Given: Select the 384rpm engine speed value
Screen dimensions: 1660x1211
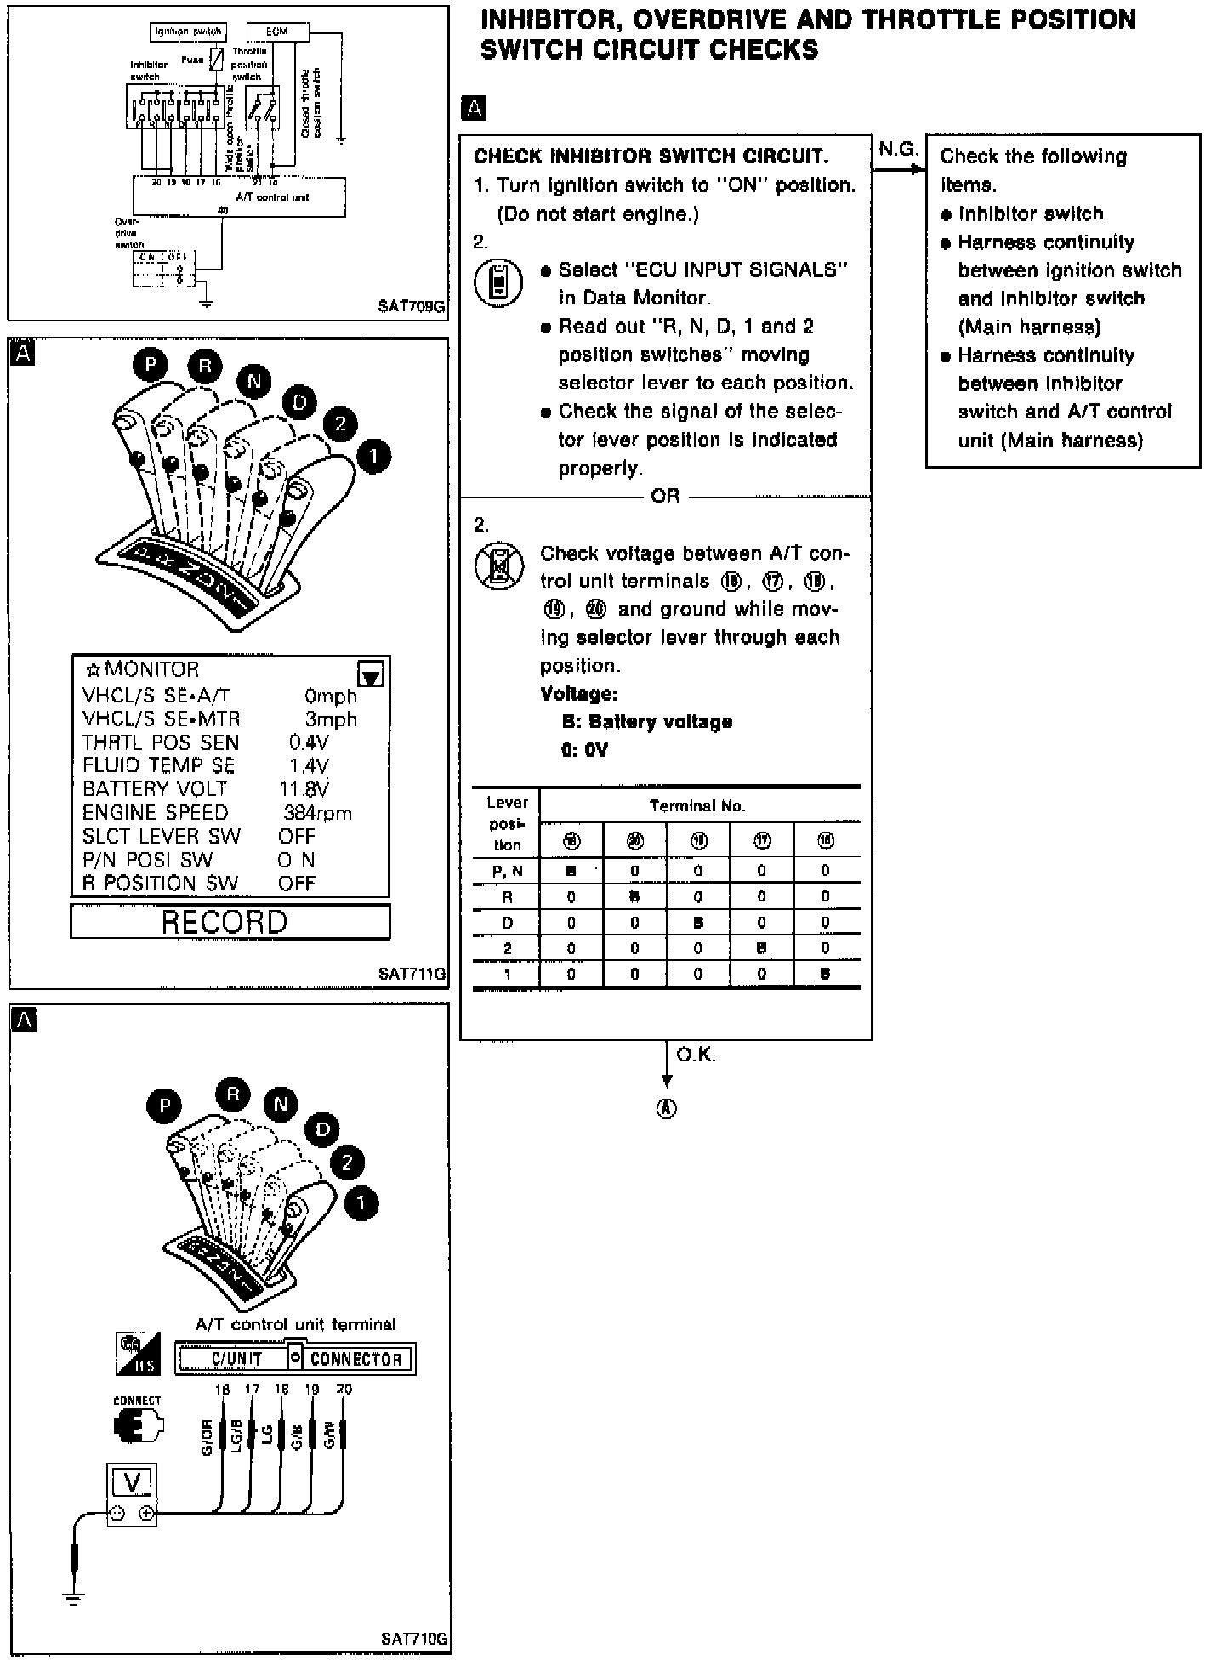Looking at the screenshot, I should tap(317, 813).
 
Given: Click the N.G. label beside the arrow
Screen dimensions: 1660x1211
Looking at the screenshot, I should tap(898, 150).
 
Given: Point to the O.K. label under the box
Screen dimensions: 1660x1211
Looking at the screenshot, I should tap(696, 1055).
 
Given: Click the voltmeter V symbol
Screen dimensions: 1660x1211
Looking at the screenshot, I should tap(132, 1482).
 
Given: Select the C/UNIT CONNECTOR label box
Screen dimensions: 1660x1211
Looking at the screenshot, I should tap(295, 1358).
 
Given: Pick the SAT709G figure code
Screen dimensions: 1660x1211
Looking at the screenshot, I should tap(412, 306).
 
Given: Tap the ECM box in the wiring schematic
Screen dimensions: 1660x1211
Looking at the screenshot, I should tap(276, 31).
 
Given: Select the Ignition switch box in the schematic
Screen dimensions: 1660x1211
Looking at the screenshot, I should tap(188, 31).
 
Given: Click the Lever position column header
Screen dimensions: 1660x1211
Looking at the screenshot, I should tap(507, 823).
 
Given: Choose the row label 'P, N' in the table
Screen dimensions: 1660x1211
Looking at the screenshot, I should tap(507, 871).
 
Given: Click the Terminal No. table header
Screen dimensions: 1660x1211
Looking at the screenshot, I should tap(696, 805).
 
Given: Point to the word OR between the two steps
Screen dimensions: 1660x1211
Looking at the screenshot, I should tap(665, 496).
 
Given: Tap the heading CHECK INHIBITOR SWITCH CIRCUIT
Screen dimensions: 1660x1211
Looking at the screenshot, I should tap(651, 156).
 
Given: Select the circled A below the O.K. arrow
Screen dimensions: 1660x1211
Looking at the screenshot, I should tap(667, 1108).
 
